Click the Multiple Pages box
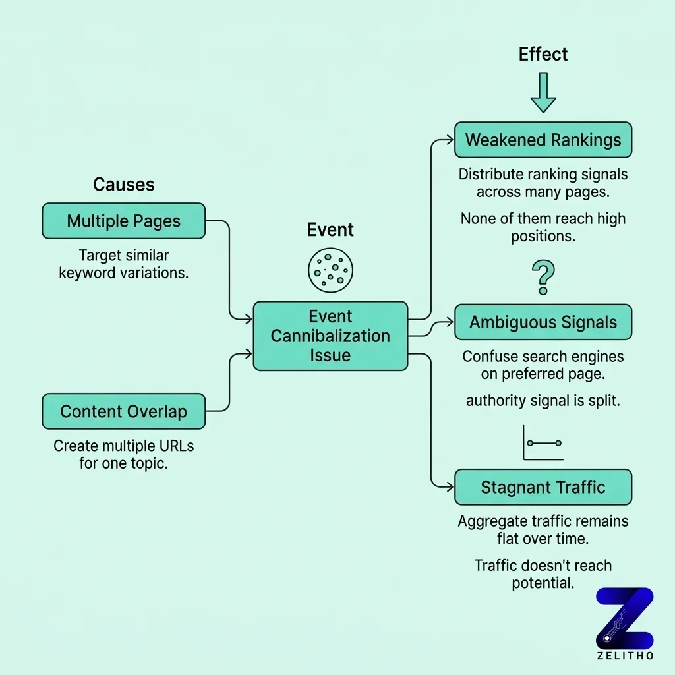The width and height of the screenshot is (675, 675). pyautogui.click(x=123, y=221)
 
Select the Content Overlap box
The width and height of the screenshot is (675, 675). pyautogui.click(x=123, y=412)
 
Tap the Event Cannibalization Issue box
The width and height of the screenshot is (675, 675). pyautogui.click(x=330, y=336)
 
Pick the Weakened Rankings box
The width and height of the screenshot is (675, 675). pyautogui.click(x=543, y=140)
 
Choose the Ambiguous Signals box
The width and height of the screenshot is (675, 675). pyautogui.click(x=543, y=322)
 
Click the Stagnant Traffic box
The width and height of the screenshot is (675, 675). pyautogui.click(x=543, y=487)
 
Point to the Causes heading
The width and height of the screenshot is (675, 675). pyautogui.click(x=123, y=185)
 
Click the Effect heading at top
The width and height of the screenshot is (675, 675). pyautogui.click(x=543, y=54)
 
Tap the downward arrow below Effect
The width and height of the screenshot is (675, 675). pyautogui.click(x=543, y=92)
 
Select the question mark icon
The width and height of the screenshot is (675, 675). pyautogui.click(x=543, y=277)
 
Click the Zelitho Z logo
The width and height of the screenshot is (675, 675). pyautogui.click(x=624, y=618)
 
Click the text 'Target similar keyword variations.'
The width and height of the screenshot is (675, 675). pyautogui.click(x=123, y=264)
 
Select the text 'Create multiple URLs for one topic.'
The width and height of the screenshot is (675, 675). pyautogui.click(x=123, y=454)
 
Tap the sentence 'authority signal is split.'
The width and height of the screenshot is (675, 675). pyautogui.click(x=543, y=400)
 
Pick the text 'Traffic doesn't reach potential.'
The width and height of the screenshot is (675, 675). pyautogui.click(x=543, y=574)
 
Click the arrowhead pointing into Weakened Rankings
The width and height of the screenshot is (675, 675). pyautogui.click(x=450, y=140)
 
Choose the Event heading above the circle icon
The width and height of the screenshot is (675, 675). pyautogui.click(x=330, y=230)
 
